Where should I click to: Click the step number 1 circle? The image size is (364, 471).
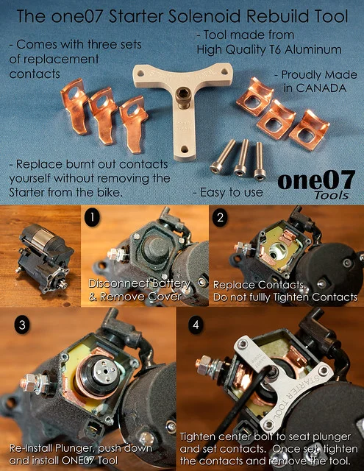(91, 219)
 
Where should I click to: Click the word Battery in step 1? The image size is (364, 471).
(170, 283)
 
